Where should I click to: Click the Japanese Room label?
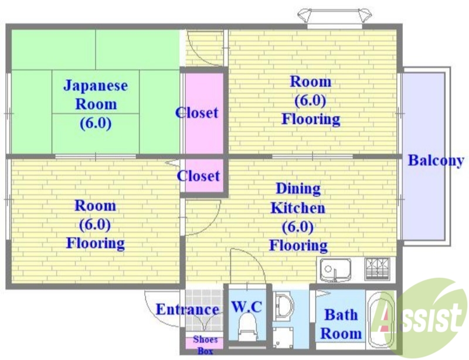tap(95, 95)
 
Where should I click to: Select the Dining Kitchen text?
tap(298, 198)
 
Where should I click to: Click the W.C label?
tap(246, 306)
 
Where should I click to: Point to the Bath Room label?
tap(341, 324)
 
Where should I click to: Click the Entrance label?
tap(187, 309)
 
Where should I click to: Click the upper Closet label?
tap(197, 113)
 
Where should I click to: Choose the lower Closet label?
tap(199, 176)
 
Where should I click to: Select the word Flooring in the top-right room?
tap(311, 120)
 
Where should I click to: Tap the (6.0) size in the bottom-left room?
tap(95, 224)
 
